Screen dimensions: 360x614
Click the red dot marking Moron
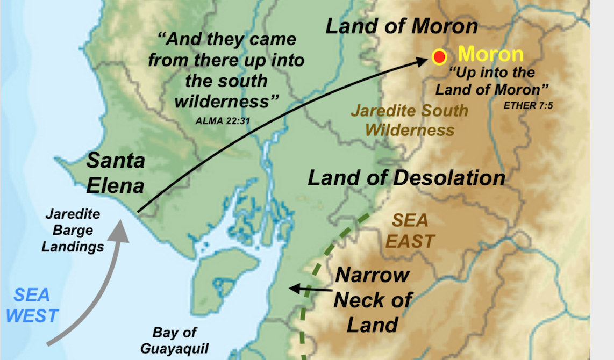click(440, 57)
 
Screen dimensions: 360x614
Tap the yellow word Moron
click(490, 54)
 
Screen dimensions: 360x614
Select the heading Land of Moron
click(402, 26)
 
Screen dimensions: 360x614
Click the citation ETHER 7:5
click(528, 106)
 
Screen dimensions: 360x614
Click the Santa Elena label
click(116, 173)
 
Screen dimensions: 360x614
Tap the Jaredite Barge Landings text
click(73, 231)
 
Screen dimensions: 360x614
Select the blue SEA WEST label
click(32, 305)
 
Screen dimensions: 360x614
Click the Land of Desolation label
click(406, 178)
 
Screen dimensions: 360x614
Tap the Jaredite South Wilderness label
click(410, 120)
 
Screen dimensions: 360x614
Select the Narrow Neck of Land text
click(373, 300)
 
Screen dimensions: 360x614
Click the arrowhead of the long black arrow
click(423, 62)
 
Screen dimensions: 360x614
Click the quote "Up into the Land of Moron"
click(492, 81)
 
